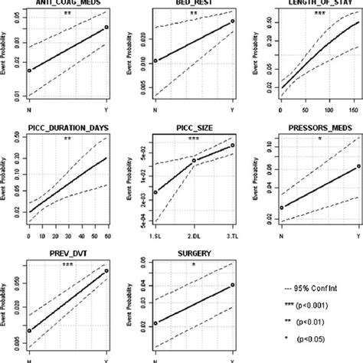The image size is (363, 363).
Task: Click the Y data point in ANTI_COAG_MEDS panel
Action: [x=106, y=28]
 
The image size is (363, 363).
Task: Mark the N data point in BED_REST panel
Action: [x=155, y=60]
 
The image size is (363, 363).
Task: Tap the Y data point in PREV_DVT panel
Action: [x=106, y=270]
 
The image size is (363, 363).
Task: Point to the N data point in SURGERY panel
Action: [x=155, y=323]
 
